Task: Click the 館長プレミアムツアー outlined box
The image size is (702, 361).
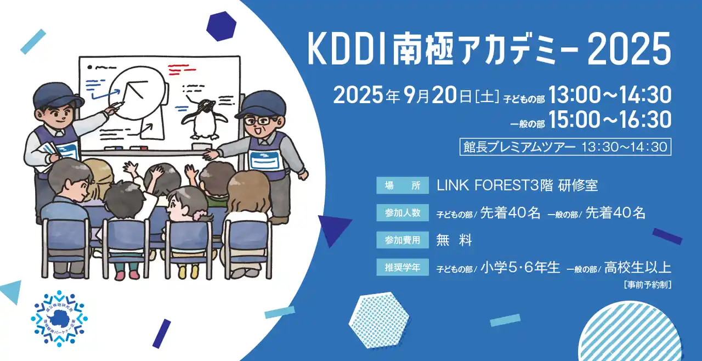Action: (x=565, y=147)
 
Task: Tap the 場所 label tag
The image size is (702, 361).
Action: (x=402, y=185)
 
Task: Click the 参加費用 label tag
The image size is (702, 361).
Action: (x=402, y=240)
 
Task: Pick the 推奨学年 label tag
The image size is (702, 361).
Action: (x=402, y=268)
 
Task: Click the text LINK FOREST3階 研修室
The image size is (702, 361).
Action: (x=517, y=185)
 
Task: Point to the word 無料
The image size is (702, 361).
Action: (x=454, y=240)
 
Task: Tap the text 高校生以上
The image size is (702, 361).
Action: (x=638, y=268)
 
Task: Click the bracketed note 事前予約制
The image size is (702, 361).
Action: (x=648, y=285)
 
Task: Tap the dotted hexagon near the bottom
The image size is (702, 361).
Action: (x=378, y=320)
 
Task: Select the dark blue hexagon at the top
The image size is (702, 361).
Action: (x=222, y=26)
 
